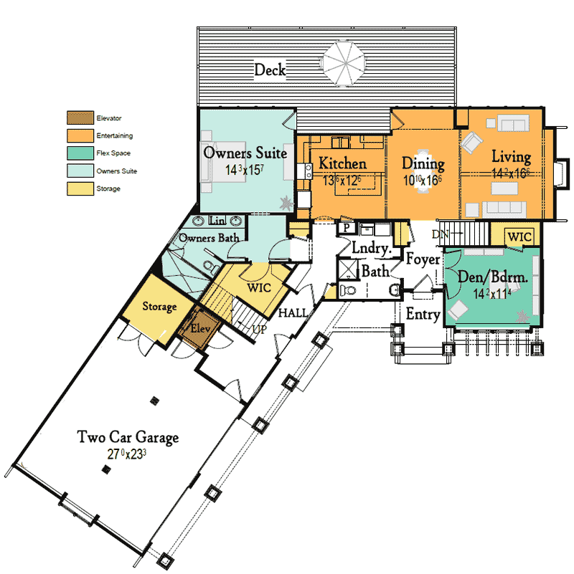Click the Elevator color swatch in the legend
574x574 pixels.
[79, 117]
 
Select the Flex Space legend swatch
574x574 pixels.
[79, 153]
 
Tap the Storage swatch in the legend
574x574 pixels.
[79, 188]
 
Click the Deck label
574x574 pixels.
[270, 70]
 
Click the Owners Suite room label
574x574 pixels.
[245, 153]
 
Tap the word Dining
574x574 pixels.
[423, 163]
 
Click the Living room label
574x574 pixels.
[511, 157]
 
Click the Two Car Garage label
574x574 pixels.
[128, 436]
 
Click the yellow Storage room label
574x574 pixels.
[159, 307]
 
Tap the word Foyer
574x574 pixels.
[423, 259]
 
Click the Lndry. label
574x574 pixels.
[372, 249]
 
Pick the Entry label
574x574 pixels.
[423, 314]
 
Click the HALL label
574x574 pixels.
[293, 313]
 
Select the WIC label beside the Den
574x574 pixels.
[519, 236]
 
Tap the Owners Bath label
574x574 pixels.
[209, 238]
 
